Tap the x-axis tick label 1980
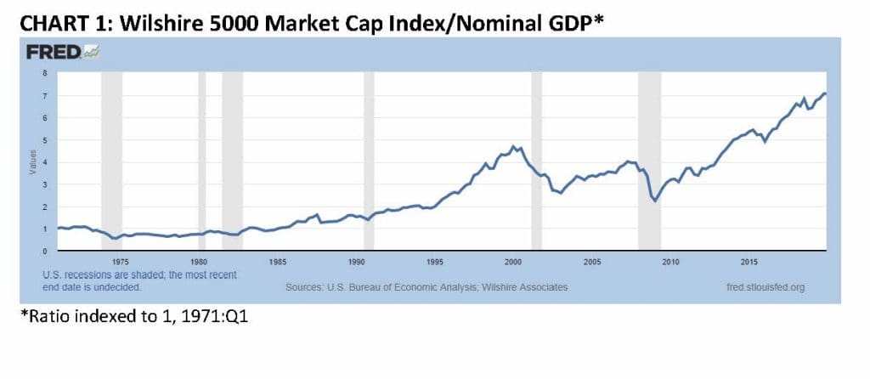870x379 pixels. (x=198, y=263)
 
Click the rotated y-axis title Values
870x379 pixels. (x=33, y=162)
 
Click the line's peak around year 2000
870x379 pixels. (x=513, y=146)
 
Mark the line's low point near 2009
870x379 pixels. (x=654, y=201)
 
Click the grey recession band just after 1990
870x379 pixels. (x=369, y=161)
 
